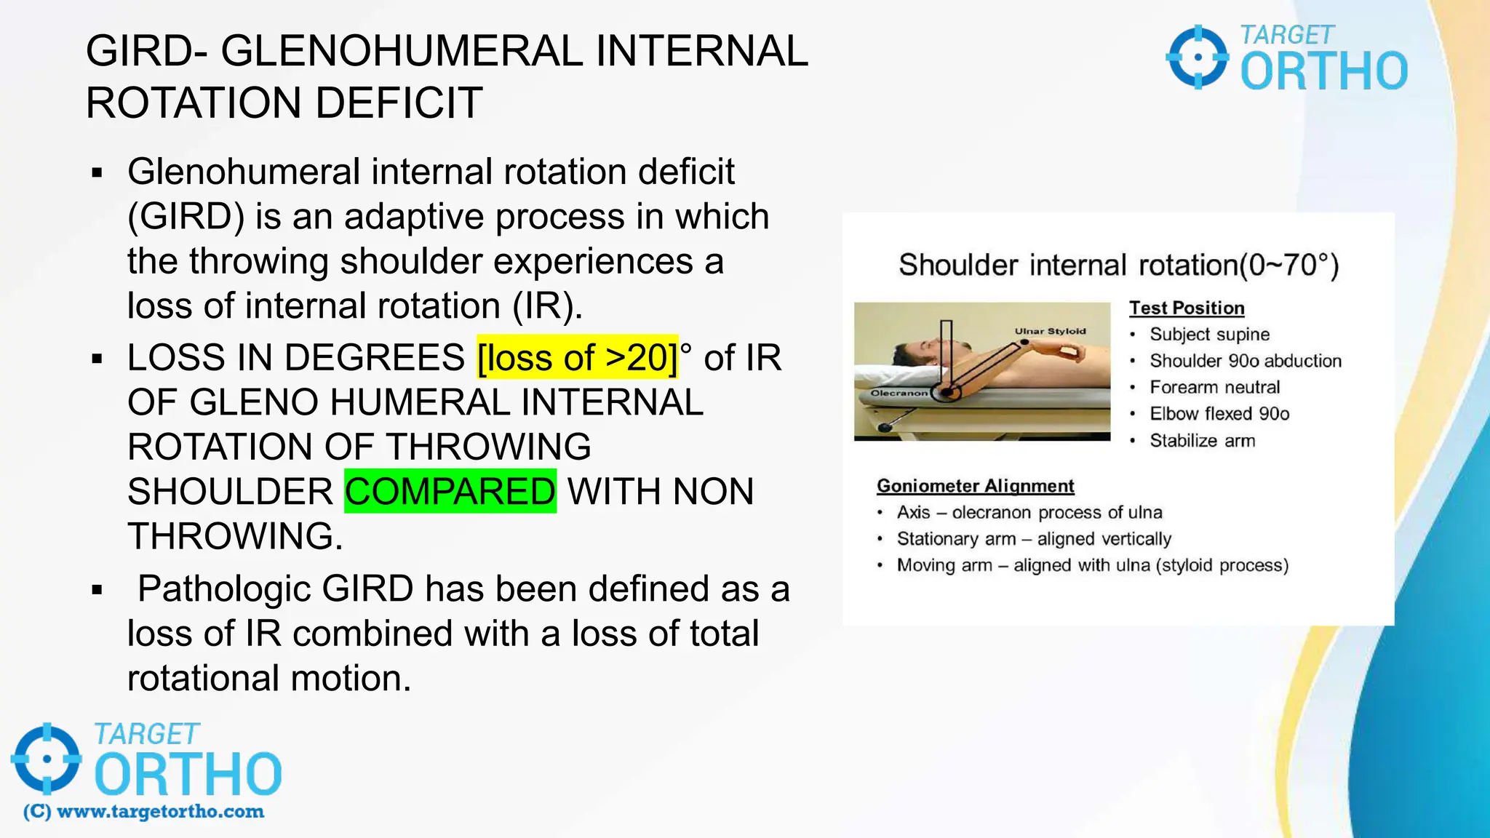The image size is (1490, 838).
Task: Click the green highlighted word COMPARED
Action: pyautogui.click(x=450, y=491)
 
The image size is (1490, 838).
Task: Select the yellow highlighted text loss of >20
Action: pyautogui.click(x=577, y=357)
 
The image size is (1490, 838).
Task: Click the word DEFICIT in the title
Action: pyautogui.click(x=399, y=103)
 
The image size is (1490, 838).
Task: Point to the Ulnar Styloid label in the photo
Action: pyautogui.click(x=1050, y=331)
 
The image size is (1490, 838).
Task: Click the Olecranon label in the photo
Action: pyautogui.click(x=899, y=393)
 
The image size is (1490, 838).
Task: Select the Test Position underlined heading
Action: pyautogui.click(x=1187, y=308)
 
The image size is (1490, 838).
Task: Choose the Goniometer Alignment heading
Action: pyautogui.click(x=975, y=485)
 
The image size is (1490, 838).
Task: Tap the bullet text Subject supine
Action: pyautogui.click(x=1209, y=334)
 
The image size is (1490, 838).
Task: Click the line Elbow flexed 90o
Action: pyautogui.click(x=1219, y=414)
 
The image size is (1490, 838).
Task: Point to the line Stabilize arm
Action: pyautogui.click(x=1202, y=440)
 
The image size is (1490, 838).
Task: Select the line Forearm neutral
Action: pyautogui.click(x=1214, y=387)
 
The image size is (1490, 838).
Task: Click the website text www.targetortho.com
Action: pyautogui.click(x=160, y=812)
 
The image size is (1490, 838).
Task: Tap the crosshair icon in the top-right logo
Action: pyautogui.click(x=1198, y=57)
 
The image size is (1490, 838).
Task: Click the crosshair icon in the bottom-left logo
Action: pyautogui.click(x=47, y=759)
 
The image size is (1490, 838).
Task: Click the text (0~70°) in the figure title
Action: pyautogui.click(x=1288, y=265)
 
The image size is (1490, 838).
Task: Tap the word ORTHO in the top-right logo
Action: pyautogui.click(x=1323, y=71)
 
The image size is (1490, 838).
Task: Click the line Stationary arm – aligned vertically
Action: pyautogui.click(x=1034, y=539)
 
